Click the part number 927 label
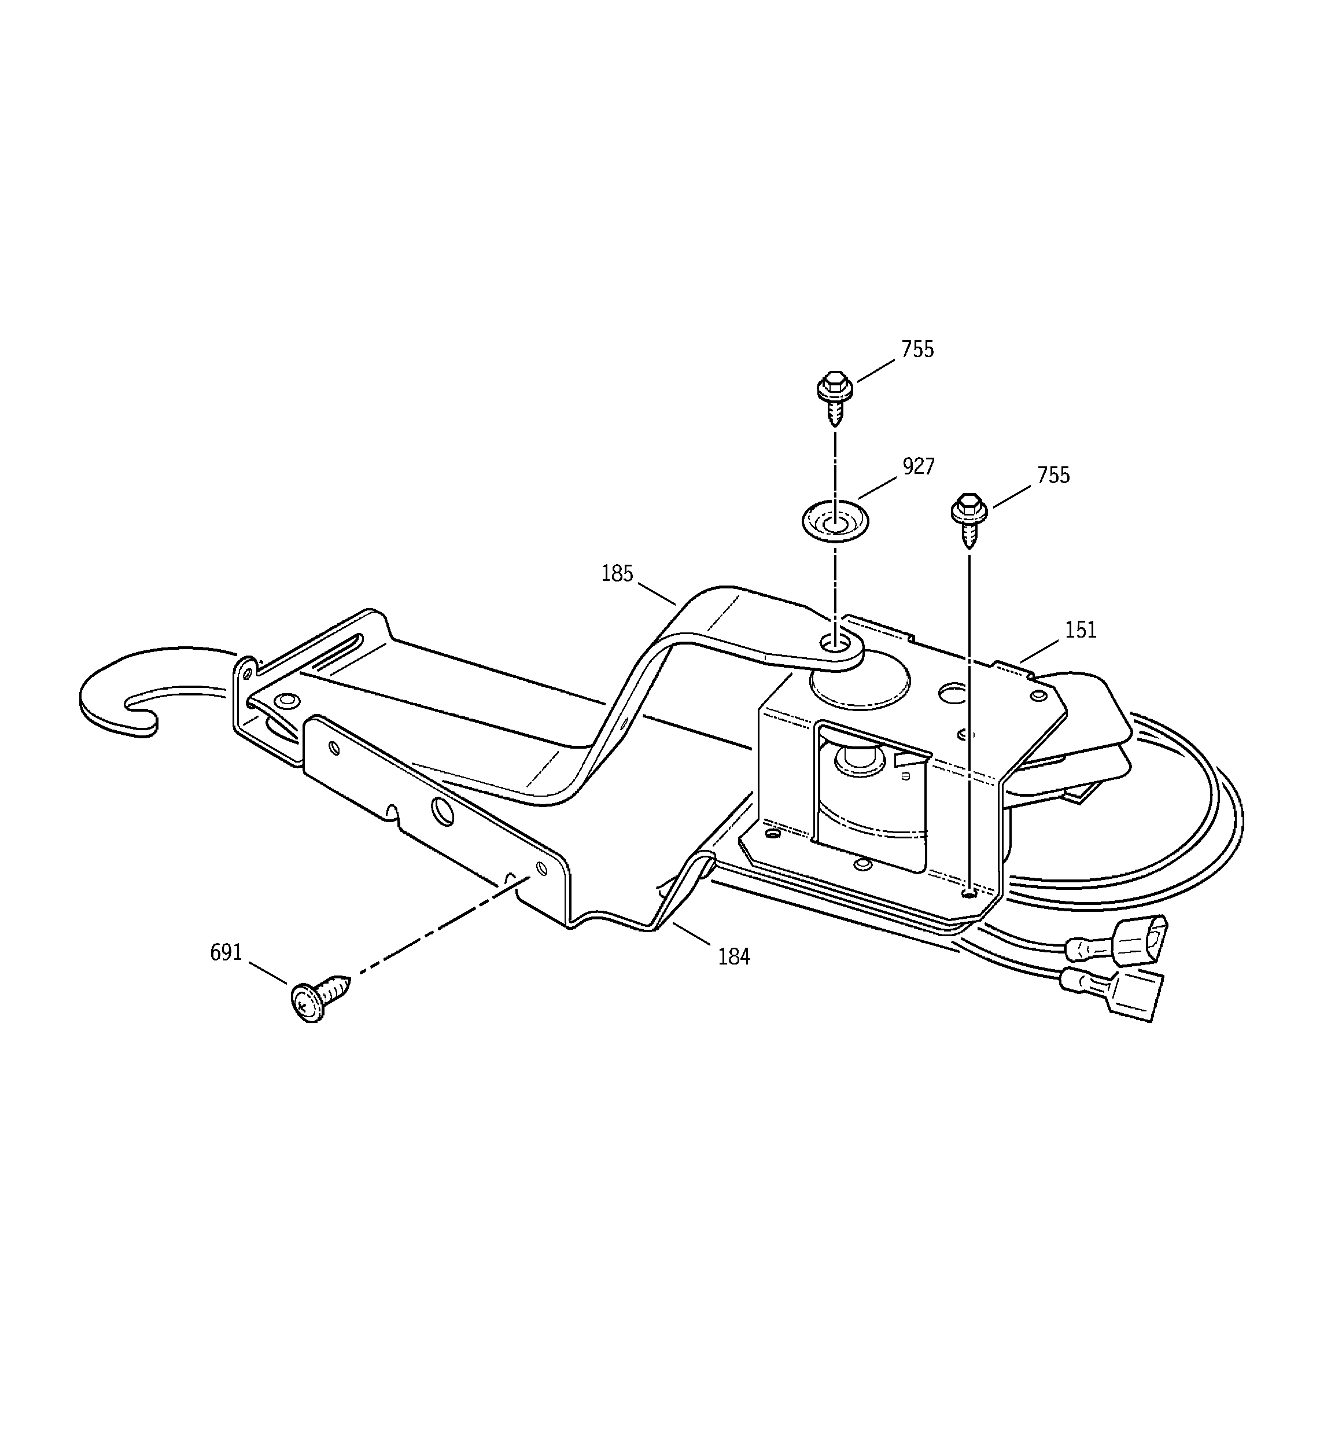coord(919,467)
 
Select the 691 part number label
coord(226,952)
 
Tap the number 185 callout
coord(617,573)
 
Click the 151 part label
coord(1080,630)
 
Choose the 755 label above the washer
coord(917,349)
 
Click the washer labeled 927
coord(835,520)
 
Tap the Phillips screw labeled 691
coord(318,996)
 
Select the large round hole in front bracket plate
coord(444,812)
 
